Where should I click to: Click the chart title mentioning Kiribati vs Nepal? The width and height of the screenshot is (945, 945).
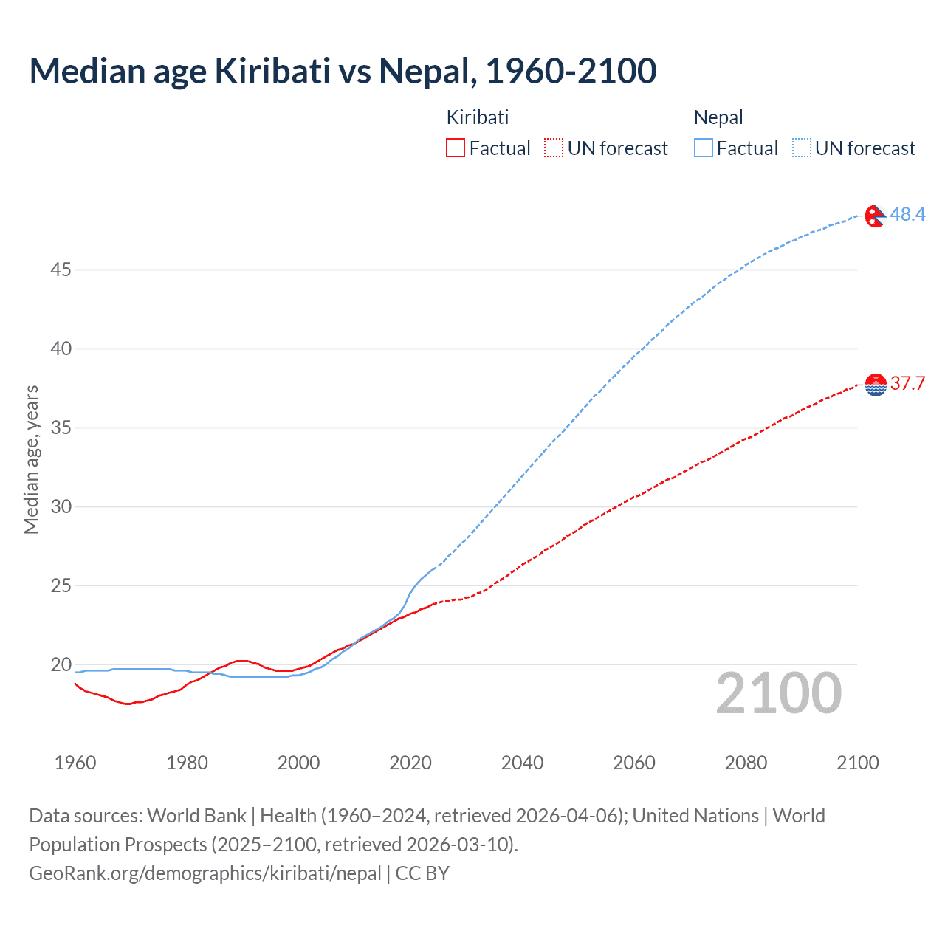coord(343,72)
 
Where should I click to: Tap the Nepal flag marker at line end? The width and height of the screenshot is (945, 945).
coord(875,216)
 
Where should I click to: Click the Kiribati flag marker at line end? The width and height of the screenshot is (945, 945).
coord(876,385)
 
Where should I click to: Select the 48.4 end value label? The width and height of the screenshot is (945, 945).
coord(907,214)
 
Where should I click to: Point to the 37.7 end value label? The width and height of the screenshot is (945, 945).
coord(907,383)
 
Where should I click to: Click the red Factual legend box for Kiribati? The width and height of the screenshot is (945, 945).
coord(456,148)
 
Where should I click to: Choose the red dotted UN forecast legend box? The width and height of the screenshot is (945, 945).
coord(554,148)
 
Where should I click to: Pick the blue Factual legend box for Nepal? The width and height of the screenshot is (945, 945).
coord(704,148)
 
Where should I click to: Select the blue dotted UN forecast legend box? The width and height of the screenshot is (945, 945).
coord(801,148)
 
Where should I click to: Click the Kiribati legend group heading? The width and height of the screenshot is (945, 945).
coord(478,117)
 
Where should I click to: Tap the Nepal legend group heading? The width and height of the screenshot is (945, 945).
coord(718,117)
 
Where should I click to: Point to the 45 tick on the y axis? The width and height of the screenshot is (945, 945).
coord(61,270)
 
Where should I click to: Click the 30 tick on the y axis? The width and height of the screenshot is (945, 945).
coord(61,506)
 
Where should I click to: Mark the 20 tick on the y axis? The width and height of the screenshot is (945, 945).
coord(61,664)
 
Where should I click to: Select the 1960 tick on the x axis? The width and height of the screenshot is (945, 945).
coord(75,763)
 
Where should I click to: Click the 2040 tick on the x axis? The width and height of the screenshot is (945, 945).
coord(522,763)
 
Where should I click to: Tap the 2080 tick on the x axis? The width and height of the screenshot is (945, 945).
coord(746,763)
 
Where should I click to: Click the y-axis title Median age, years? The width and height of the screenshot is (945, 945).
coord(31,459)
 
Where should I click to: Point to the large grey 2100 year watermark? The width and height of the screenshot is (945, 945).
coord(778,693)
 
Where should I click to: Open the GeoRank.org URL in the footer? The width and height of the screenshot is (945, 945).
coord(205,873)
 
